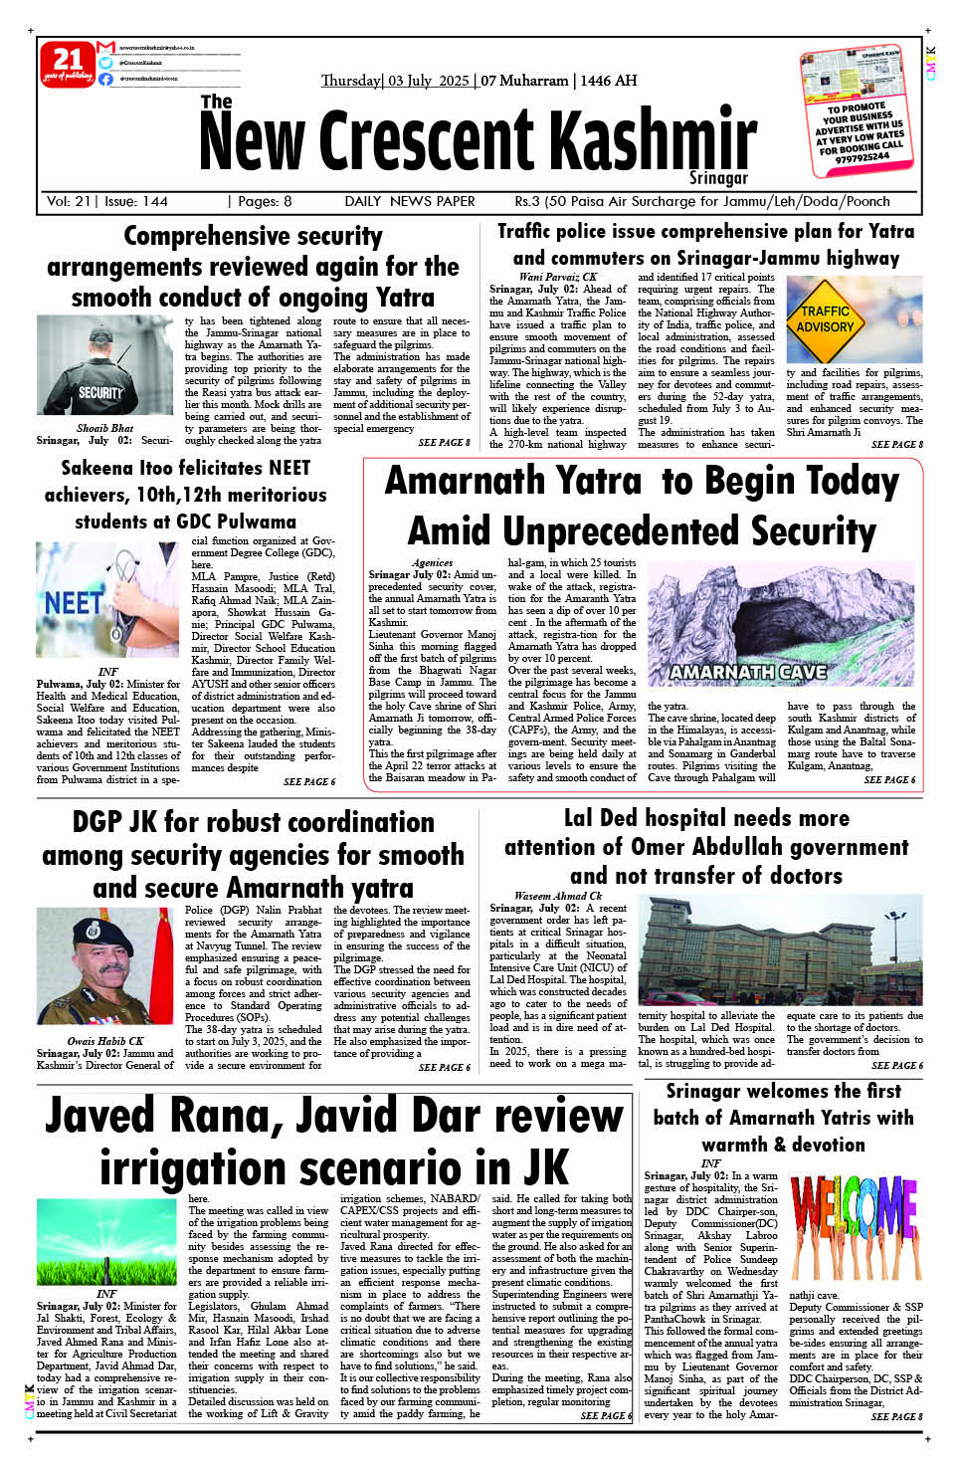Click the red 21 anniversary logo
(67, 64)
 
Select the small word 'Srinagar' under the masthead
(718, 179)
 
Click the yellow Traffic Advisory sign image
(826, 318)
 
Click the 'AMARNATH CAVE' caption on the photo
(748, 673)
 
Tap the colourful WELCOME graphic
(854, 1227)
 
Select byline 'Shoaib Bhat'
(105, 428)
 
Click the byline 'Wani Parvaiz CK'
(558, 277)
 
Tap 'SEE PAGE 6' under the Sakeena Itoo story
(309, 782)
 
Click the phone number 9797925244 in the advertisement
(863, 157)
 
